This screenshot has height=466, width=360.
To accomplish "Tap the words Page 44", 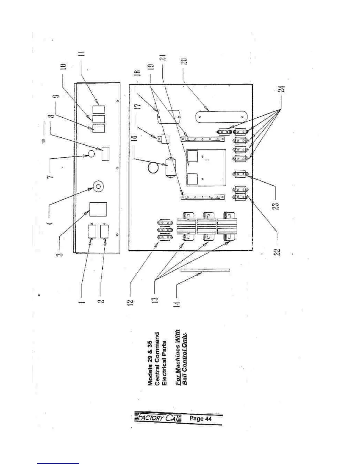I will [201, 418].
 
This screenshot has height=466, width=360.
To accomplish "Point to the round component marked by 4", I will [98, 186].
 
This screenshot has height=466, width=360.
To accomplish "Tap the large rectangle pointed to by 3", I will [98, 209].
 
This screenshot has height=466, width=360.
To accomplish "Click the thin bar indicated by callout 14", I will [205, 270].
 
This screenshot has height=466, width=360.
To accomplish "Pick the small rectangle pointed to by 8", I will [105, 154].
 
